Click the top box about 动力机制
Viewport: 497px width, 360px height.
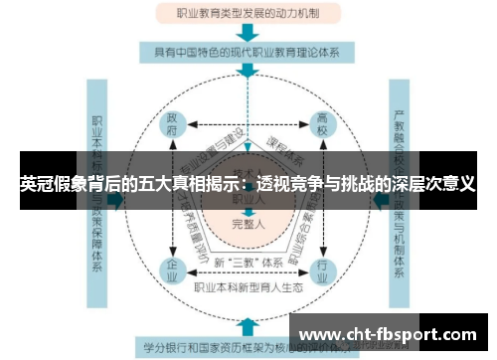point(248,15)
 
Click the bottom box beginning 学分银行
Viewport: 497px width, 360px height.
point(248,348)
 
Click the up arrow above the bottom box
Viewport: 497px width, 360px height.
point(248,325)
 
